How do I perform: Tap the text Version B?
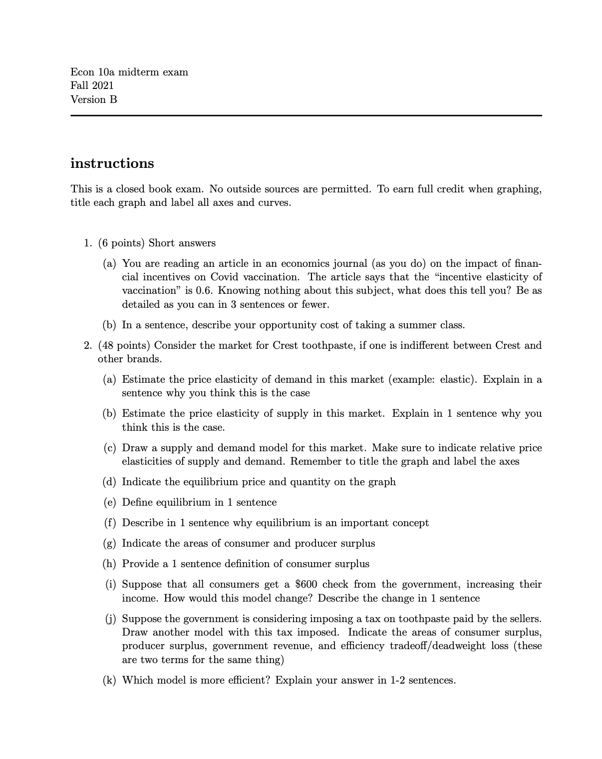click(x=94, y=99)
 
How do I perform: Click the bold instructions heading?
click(x=112, y=163)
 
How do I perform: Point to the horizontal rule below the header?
click(x=305, y=115)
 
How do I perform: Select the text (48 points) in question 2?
click(x=124, y=346)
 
